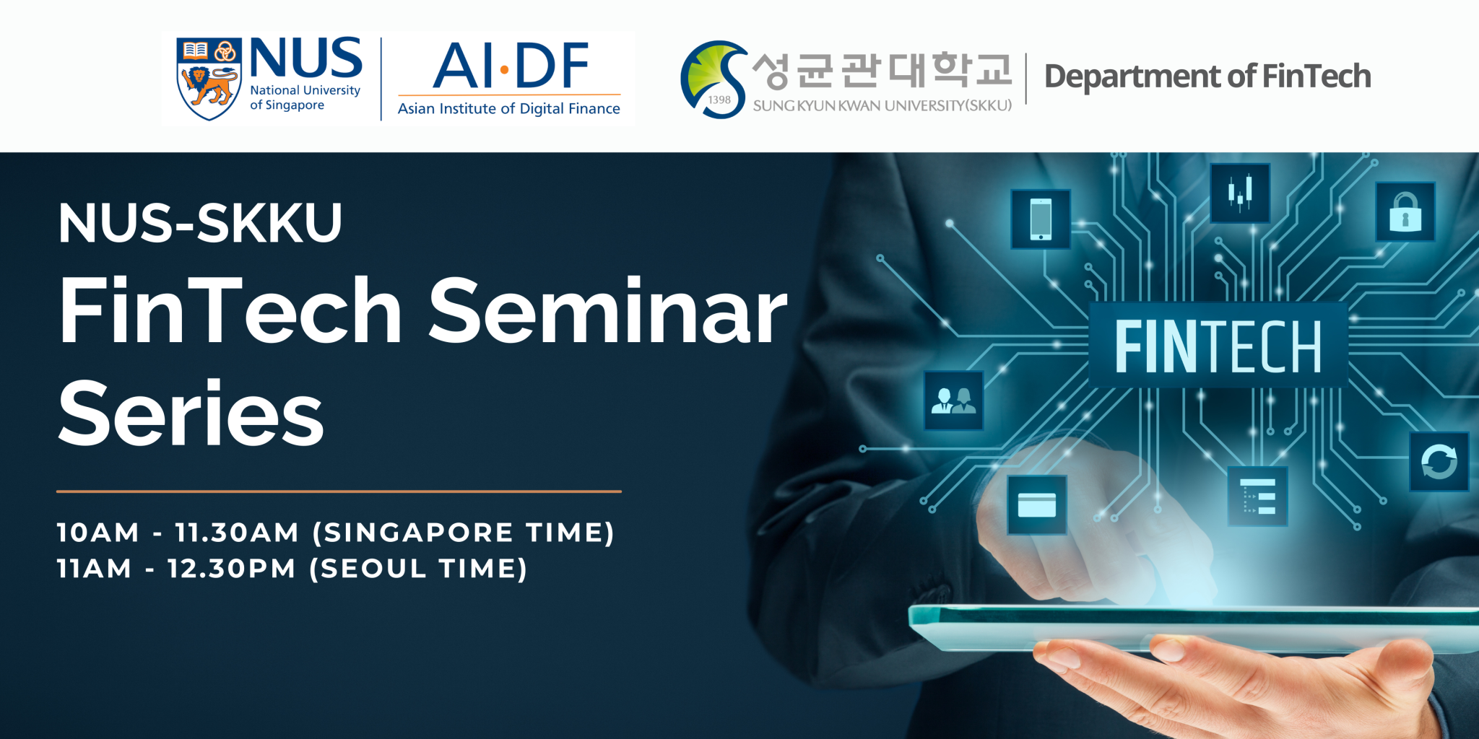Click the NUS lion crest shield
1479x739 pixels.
pyautogui.click(x=209, y=79)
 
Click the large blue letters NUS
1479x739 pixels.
pyautogui.click(x=305, y=59)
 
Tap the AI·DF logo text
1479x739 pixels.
pyautogui.click(x=510, y=66)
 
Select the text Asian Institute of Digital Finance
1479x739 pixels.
pyautogui.click(x=508, y=109)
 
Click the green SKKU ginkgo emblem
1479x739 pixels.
pyautogui.click(x=711, y=78)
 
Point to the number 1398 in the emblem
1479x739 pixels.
pyautogui.click(x=719, y=100)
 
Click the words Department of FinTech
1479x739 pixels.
pyautogui.click(x=1207, y=76)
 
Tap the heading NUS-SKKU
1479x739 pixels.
pyautogui.click(x=200, y=223)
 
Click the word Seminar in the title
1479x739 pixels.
pyautogui.click(x=607, y=311)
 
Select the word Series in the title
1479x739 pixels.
pyautogui.click(x=191, y=414)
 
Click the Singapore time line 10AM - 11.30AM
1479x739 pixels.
pyautogui.click(x=335, y=533)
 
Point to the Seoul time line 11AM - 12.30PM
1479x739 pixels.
pyautogui.click(x=292, y=569)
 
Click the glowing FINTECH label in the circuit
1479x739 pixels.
pyautogui.click(x=1218, y=346)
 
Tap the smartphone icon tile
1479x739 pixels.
pyautogui.click(x=1040, y=219)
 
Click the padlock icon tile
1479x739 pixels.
pyautogui.click(x=1405, y=211)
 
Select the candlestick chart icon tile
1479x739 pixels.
pyautogui.click(x=1239, y=193)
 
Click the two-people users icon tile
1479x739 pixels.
pyautogui.click(x=953, y=401)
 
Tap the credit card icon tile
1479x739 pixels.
pyautogui.click(x=1036, y=504)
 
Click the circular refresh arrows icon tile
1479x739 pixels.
pyautogui.click(x=1439, y=462)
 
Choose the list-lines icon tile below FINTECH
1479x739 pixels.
pyautogui.click(x=1257, y=496)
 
